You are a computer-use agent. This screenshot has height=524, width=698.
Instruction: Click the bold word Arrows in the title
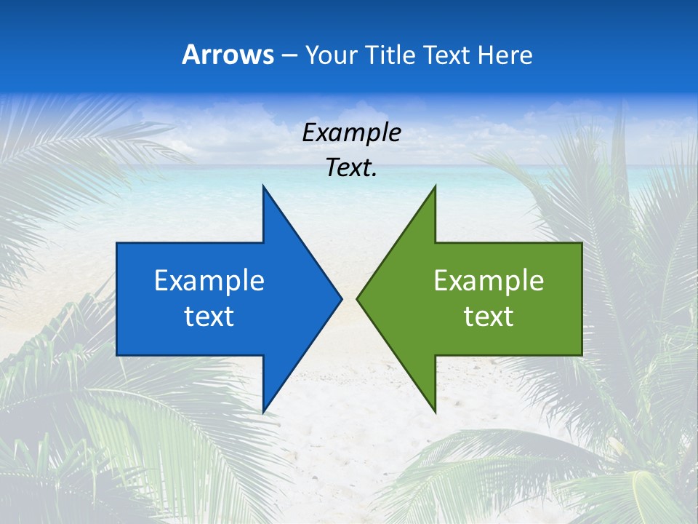click(x=228, y=55)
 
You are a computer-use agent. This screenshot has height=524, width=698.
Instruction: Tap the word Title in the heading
click(x=392, y=55)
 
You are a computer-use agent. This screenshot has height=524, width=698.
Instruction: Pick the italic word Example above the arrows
click(x=351, y=133)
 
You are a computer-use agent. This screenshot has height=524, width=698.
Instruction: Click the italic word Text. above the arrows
click(x=351, y=168)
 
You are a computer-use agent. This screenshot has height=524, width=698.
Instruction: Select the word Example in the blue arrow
click(x=209, y=280)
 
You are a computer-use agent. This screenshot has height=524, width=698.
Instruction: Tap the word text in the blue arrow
click(x=209, y=317)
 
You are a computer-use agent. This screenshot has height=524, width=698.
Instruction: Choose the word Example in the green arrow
click(x=489, y=280)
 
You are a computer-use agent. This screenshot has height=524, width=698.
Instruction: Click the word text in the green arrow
click(x=489, y=317)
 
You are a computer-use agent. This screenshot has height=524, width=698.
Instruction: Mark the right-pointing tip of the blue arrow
click(x=341, y=298)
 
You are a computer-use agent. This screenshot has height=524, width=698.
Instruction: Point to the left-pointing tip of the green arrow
click(x=357, y=298)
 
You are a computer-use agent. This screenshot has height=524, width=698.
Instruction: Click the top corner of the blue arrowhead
click(x=263, y=186)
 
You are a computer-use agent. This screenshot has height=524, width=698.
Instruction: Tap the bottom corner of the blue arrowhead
click(x=263, y=412)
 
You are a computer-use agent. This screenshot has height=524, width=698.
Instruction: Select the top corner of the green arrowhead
click(x=435, y=186)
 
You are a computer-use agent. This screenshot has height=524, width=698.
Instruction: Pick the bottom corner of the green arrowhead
click(x=435, y=412)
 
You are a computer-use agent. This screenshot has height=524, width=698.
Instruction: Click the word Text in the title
click(x=445, y=55)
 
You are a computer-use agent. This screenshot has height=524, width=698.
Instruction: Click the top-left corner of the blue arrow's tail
click(x=117, y=243)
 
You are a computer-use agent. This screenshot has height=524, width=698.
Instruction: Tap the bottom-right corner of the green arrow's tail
click(x=582, y=354)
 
